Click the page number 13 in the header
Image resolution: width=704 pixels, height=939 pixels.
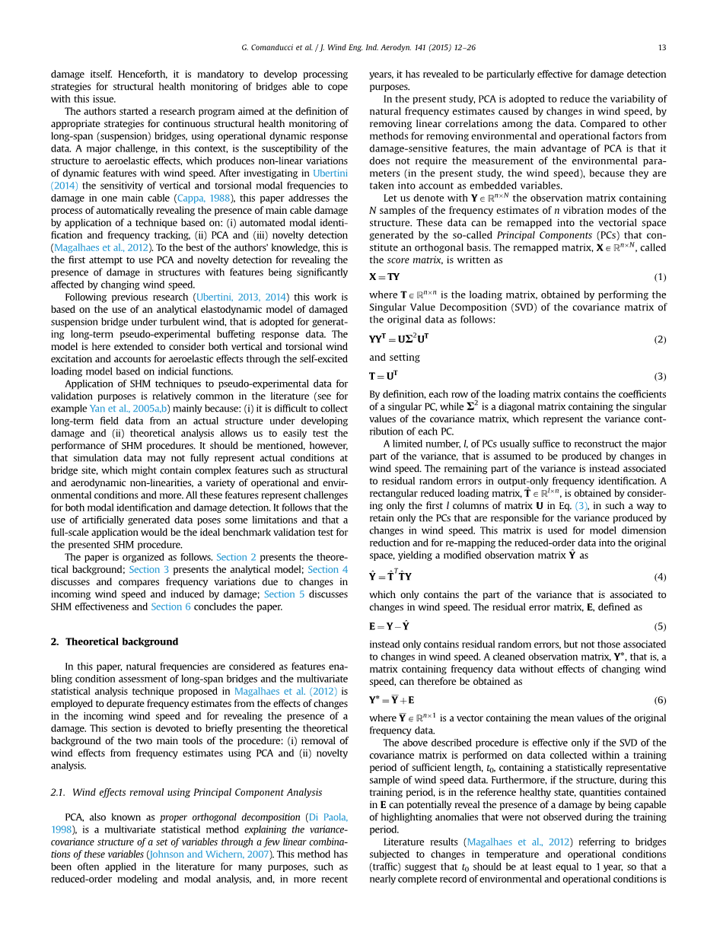tap(662, 47)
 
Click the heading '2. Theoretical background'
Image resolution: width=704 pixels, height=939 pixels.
tap(114, 641)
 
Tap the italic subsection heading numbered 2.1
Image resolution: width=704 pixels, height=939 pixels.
tap(186, 792)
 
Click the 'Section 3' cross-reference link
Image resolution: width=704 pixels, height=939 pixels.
tap(144, 569)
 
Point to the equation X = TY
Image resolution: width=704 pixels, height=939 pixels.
tap(384, 277)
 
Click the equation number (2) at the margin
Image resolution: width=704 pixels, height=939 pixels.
tap(660, 339)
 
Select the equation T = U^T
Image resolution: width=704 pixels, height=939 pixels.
tap(384, 376)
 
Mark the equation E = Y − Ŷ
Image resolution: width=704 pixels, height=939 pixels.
tap(390, 627)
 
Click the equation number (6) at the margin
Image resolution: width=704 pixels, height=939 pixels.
tap(660, 700)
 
